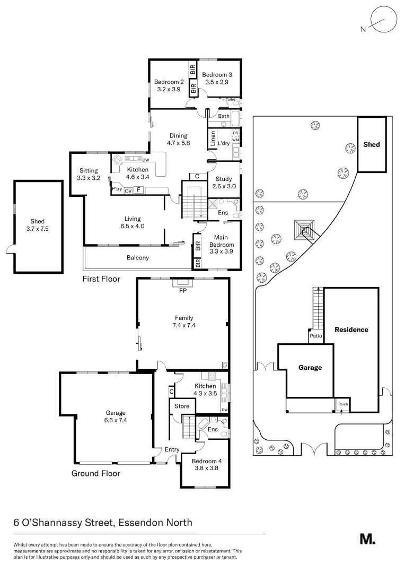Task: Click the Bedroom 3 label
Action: (217, 75)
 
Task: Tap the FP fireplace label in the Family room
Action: (183, 291)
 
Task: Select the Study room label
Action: (224, 179)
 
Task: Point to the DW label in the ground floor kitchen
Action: (225, 410)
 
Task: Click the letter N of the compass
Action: (363, 29)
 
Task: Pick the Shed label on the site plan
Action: (372, 144)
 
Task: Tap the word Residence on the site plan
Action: (351, 329)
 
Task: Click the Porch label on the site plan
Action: (343, 404)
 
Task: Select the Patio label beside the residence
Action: (316, 336)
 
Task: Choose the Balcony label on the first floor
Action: (138, 258)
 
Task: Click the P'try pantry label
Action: (117, 189)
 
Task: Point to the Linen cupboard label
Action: (213, 139)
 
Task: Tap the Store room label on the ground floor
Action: (182, 406)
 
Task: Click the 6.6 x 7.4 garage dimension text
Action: (116, 420)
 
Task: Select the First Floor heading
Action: (101, 279)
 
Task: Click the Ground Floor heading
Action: (95, 473)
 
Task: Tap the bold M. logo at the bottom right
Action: (367, 539)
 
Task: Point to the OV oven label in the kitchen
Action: (128, 191)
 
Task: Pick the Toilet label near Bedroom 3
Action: (231, 99)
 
